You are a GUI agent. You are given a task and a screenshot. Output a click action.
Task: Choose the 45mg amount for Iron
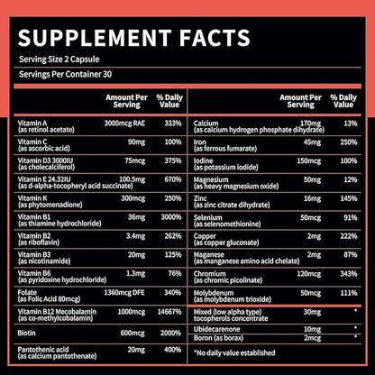tap(312, 141)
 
